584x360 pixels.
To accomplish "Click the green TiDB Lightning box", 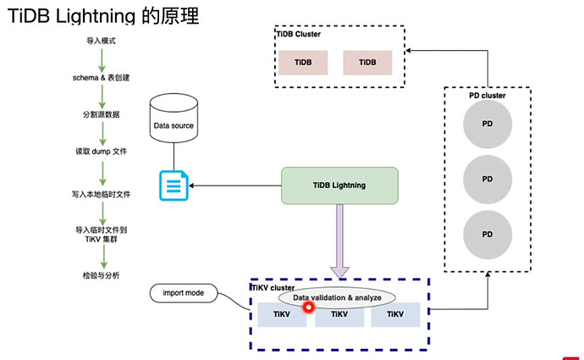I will pos(339,186).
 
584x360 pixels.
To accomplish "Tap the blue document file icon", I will pos(174,186).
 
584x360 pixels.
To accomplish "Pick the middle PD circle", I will pos(487,179).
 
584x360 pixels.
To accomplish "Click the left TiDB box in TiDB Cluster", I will pos(302,64).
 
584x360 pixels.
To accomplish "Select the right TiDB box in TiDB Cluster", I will pos(367,64).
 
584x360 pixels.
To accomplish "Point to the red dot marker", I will pos(308,307).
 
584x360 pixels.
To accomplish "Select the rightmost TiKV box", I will pos(394,314).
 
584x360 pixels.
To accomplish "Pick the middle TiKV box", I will pos(339,315).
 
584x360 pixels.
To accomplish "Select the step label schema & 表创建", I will pos(102,77).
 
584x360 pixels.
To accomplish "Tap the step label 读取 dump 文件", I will pos(102,153).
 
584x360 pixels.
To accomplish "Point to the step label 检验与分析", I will pos(102,276).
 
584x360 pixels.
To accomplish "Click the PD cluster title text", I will pos(487,96).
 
